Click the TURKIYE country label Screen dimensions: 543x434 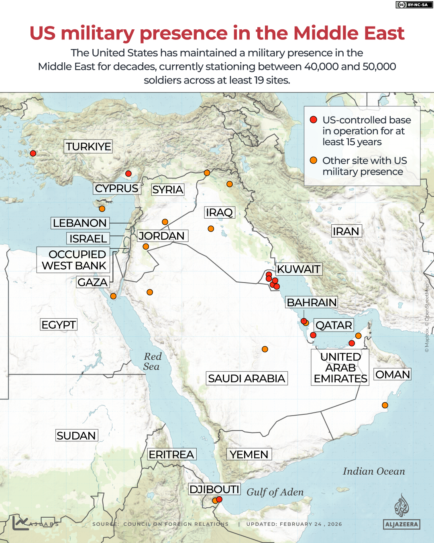(88, 146)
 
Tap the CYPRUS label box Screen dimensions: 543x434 (117, 189)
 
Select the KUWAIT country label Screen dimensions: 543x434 (299, 269)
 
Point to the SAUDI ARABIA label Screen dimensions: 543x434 (247, 378)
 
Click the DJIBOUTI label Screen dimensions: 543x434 (214, 489)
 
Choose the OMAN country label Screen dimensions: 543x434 (392, 374)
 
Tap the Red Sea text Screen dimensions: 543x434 (152, 361)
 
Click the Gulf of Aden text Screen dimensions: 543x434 (275, 492)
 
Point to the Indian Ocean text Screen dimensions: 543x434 (373, 471)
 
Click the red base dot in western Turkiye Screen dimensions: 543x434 (33, 153)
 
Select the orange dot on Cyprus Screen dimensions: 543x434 (102, 209)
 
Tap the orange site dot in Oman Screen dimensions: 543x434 (385, 405)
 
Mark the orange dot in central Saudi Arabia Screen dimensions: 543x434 (265, 349)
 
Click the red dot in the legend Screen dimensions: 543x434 (314, 120)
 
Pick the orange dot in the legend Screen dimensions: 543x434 (314, 160)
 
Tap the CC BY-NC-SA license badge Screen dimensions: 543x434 (413, 5)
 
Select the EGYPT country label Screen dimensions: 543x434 (59, 324)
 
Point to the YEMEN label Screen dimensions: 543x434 (249, 454)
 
